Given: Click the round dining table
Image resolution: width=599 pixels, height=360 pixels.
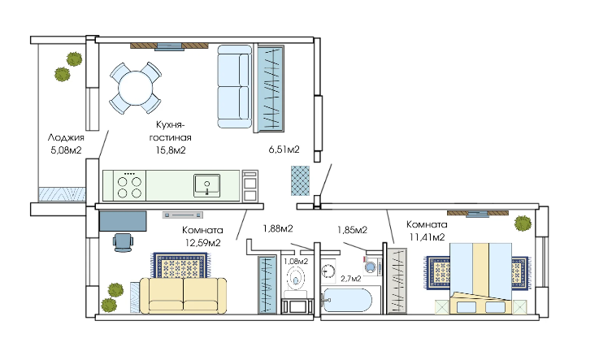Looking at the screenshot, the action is tap(136, 89).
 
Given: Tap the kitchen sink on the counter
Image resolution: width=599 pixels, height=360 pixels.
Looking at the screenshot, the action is tap(206, 185).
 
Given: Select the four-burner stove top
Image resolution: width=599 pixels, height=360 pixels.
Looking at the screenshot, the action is tap(130, 185).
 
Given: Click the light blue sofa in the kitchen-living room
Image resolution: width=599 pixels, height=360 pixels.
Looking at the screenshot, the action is tap(235, 87).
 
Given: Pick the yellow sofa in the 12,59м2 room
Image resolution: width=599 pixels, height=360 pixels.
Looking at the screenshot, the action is tap(183, 296).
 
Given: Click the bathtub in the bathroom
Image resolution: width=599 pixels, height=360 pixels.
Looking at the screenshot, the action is tap(346, 300).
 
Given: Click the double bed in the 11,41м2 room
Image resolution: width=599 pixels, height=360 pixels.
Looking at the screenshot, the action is tap(481, 278).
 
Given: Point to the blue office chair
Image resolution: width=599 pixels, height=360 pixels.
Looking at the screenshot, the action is tap(124, 242).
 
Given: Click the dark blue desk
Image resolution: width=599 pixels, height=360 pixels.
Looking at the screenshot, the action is tap(123, 221).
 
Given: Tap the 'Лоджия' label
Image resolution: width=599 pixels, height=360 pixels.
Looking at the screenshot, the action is tap(66, 137).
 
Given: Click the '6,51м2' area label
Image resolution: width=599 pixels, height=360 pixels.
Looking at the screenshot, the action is tap(284, 150).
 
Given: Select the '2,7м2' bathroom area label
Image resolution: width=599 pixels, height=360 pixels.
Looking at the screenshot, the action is tap(351, 279).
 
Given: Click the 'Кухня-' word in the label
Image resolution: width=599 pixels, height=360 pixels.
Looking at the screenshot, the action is tap(171, 125).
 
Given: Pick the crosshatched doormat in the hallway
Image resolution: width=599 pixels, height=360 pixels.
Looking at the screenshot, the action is tap(300, 180).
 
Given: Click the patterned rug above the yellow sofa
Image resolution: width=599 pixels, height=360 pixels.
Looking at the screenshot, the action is tap(181, 265).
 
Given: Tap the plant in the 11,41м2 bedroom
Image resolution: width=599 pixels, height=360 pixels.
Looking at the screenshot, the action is tap(523, 223).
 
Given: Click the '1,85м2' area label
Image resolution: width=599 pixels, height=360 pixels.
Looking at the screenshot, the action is tap(352, 230).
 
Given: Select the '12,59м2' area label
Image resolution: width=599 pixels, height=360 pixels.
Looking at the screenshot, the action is tap(203, 242).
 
